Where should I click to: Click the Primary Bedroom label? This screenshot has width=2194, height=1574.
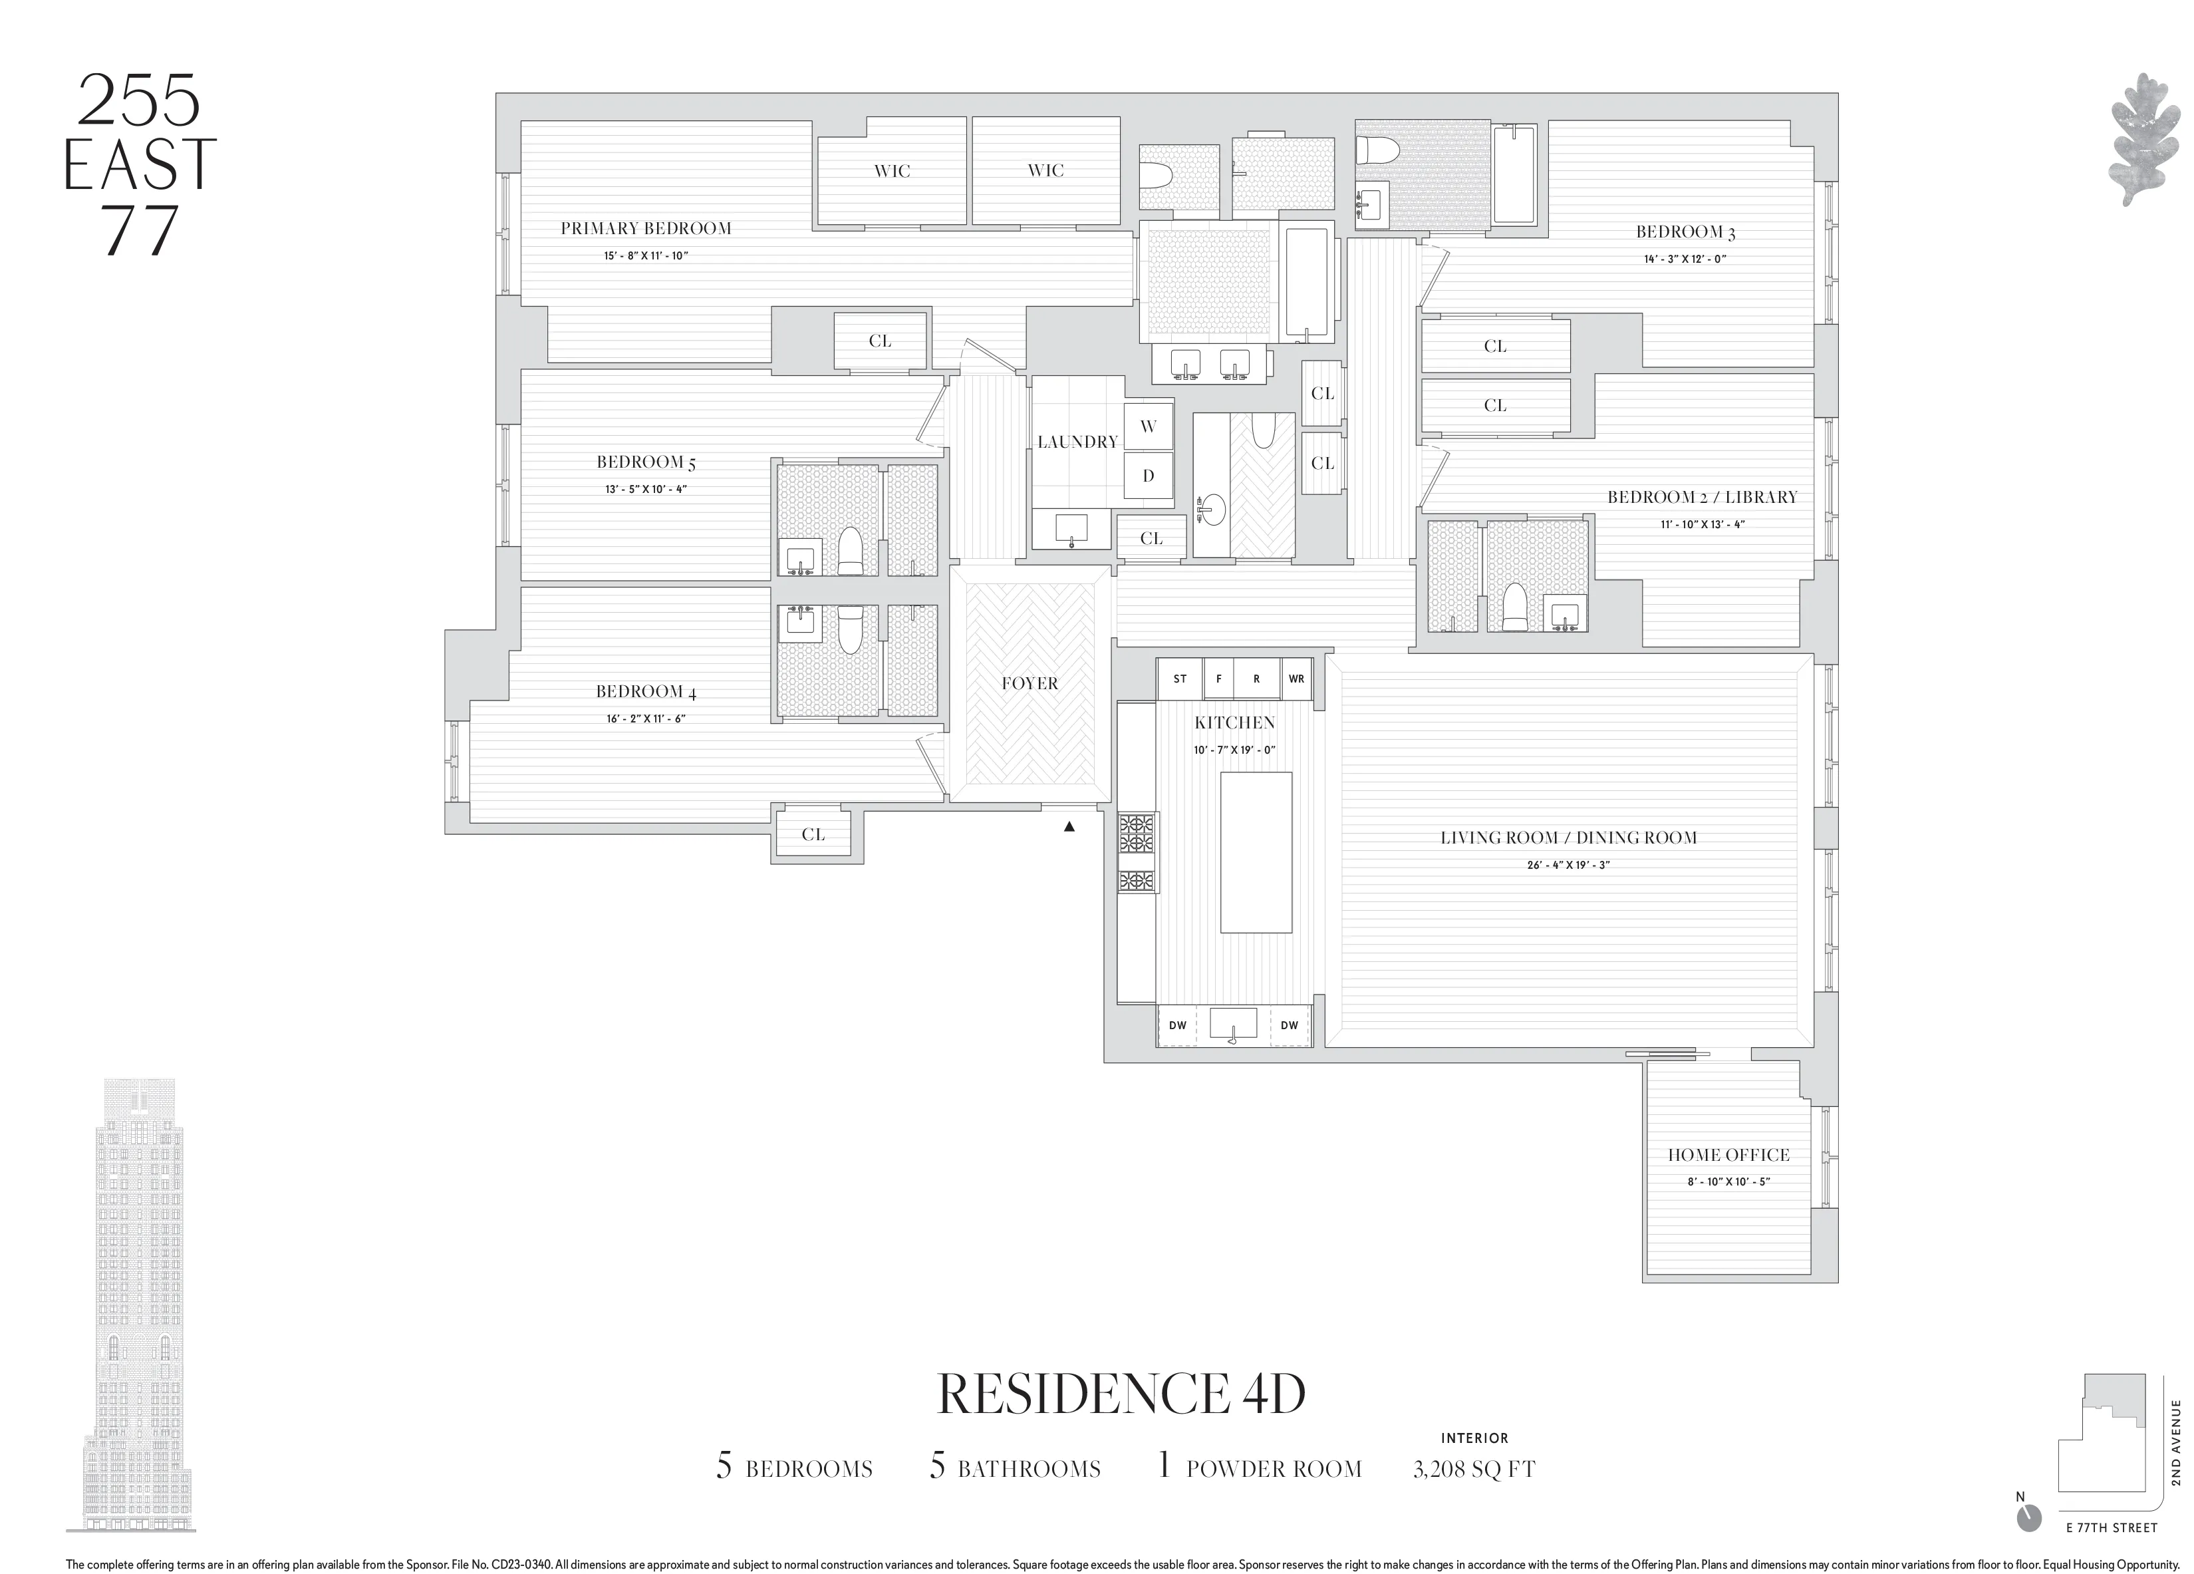tap(645, 228)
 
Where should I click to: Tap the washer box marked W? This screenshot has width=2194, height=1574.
tap(1149, 426)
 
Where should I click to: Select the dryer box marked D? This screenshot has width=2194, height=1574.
tap(1149, 476)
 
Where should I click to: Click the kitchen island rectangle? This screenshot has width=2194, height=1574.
tap(1256, 852)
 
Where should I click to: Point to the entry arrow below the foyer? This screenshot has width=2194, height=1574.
tap(1069, 827)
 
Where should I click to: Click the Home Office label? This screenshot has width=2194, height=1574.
tap(1728, 1155)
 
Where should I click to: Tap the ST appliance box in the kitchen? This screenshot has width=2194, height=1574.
tap(1179, 679)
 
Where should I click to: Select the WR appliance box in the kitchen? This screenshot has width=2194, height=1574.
tap(1296, 679)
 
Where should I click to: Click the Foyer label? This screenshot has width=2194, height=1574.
tap(1029, 684)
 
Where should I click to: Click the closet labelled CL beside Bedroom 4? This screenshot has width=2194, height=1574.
tap(813, 835)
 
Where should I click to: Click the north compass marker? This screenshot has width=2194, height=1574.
tap(2028, 1545)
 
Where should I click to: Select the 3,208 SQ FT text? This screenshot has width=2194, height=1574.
tap(1473, 1470)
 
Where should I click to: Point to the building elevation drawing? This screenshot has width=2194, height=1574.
tap(132, 1316)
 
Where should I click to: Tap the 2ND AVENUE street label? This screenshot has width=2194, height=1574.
tap(2175, 1442)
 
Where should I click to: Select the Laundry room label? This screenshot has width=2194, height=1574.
tap(1077, 442)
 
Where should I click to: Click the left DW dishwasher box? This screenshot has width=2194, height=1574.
tap(1176, 1025)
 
